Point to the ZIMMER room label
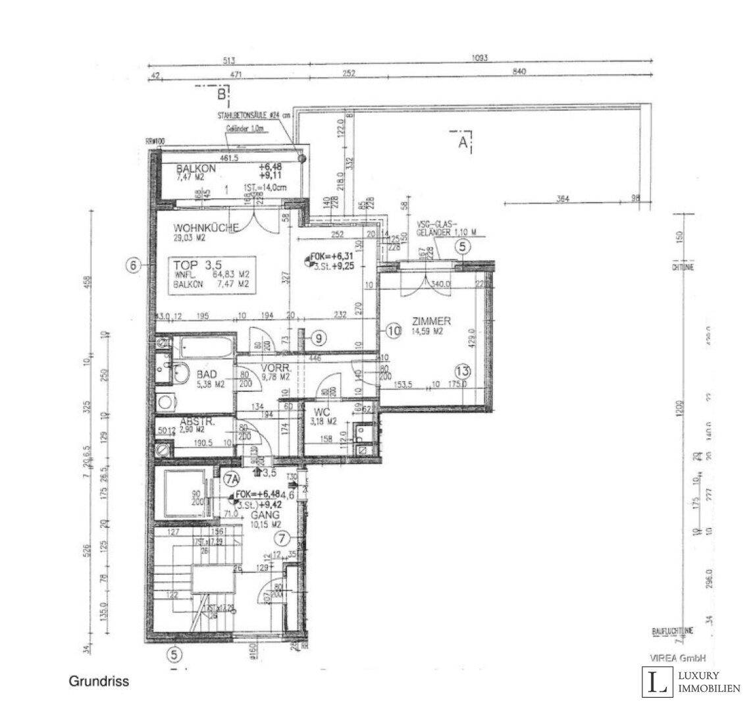pyautogui.click(x=431, y=321)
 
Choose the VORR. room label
pyautogui.click(x=275, y=367)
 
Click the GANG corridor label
pyautogui.click(x=266, y=515)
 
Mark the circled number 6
pyautogui.click(x=134, y=266)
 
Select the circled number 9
pyautogui.click(x=318, y=338)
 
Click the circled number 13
pyautogui.click(x=463, y=370)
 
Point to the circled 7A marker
pyautogui.click(x=230, y=479)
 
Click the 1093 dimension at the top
pyautogui.click(x=479, y=59)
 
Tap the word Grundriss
pyautogui.click(x=99, y=682)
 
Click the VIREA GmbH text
pyautogui.click(x=678, y=658)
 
